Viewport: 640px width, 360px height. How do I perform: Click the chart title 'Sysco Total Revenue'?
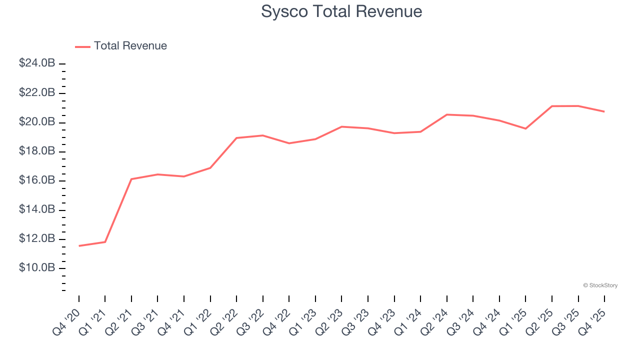tap(341, 11)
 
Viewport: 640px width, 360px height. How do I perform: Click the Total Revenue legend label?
tap(130, 46)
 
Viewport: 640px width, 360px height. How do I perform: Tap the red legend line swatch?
tap(82, 46)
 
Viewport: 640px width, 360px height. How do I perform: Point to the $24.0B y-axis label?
tap(37, 63)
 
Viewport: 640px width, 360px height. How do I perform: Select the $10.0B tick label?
tap(37, 268)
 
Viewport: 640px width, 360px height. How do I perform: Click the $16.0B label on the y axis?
tap(37, 180)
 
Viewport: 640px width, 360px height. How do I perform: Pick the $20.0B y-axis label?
tap(37, 122)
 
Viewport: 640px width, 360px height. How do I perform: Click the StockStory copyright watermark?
tap(600, 285)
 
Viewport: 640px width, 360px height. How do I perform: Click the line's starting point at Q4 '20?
tap(79, 246)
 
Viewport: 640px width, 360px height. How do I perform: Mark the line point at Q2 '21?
tap(131, 179)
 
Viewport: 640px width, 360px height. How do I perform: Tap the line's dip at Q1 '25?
tap(525, 128)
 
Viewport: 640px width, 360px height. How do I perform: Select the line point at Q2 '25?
tap(552, 106)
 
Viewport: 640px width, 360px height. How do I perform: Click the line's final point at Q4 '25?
tap(604, 111)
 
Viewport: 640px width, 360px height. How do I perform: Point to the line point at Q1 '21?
tap(105, 242)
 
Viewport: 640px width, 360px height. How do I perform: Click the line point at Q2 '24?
tap(447, 114)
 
